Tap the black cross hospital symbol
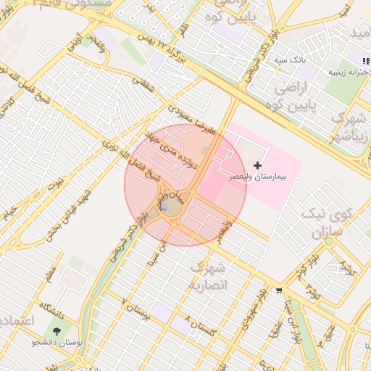coord(258,166)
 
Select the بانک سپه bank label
coord(289,61)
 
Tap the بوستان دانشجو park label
coord(58,341)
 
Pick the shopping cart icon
coord(279,291)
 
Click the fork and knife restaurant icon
coord(364,60)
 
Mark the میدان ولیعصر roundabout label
coord(173,194)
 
